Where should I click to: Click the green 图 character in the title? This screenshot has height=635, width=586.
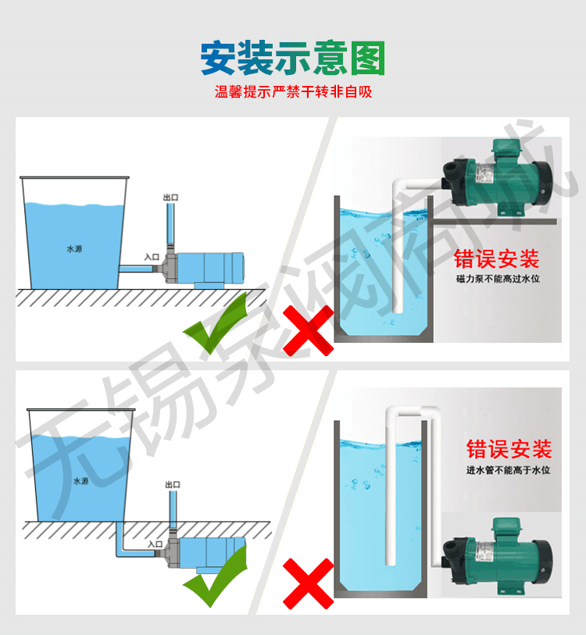(367, 59)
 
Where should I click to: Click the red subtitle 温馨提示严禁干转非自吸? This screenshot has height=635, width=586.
(293, 92)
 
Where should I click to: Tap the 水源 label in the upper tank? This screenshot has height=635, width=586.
(74, 248)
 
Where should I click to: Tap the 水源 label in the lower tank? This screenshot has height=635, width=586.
(81, 480)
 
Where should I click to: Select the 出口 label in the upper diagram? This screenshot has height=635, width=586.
(170, 198)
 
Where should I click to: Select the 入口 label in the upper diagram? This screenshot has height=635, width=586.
(152, 257)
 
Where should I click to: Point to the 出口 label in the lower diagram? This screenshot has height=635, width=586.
(173, 484)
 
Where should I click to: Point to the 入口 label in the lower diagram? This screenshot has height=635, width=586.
(155, 544)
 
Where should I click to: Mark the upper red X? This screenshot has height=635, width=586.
(308, 331)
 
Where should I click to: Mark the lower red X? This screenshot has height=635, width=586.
(308, 583)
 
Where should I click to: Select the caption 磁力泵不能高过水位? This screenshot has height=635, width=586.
(498, 279)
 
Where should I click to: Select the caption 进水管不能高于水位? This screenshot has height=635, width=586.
(508, 469)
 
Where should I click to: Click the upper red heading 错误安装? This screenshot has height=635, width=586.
(496, 259)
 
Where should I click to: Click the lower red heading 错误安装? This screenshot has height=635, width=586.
(509, 448)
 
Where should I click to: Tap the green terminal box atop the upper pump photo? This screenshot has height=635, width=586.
(506, 150)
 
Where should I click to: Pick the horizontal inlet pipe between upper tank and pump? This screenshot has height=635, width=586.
(136, 269)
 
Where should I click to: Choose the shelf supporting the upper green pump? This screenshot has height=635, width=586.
(495, 222)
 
